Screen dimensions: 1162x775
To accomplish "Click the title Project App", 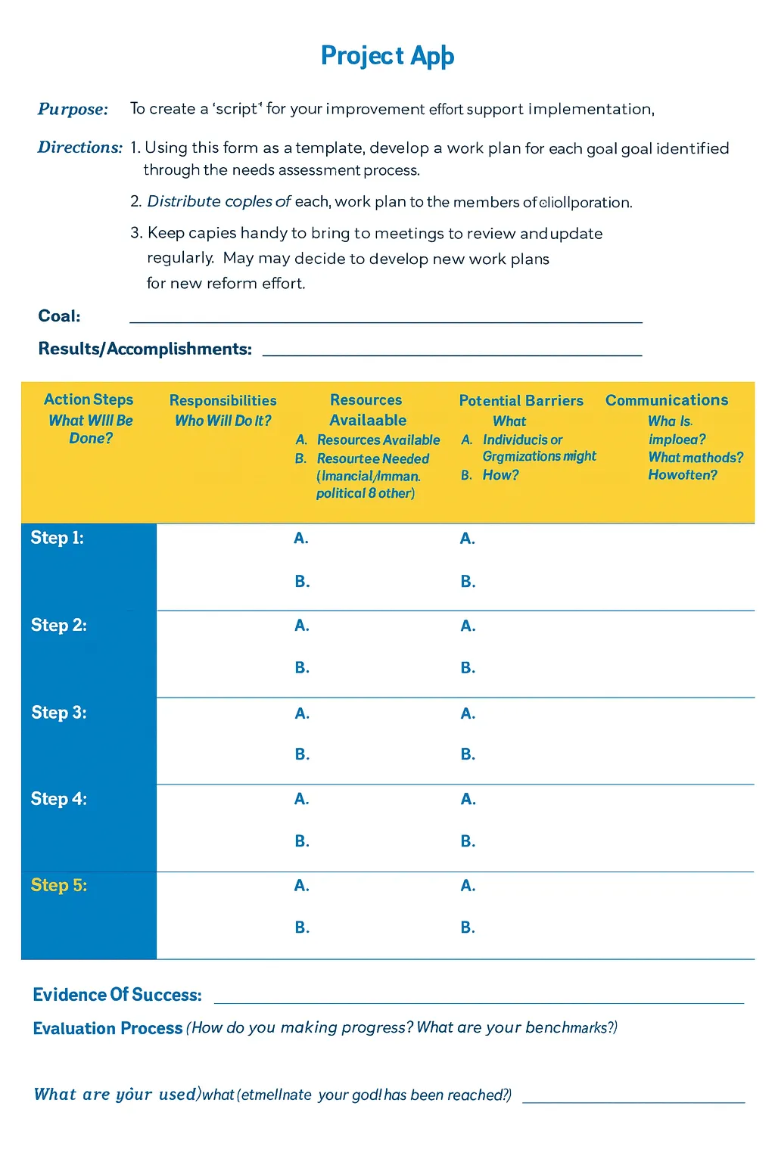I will point(387,56).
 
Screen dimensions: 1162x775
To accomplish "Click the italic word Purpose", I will point(73,109).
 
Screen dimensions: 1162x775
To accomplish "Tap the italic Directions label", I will point(79,148).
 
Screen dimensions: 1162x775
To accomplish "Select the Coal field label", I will point(59,316).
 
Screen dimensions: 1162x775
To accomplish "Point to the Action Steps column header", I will point(89,399).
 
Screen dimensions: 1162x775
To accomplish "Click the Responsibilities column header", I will point(223,400).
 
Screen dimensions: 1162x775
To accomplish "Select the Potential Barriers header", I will point(521,401).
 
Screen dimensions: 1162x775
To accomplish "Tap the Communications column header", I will point(666,400).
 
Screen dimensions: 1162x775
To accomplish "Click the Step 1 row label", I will point(57,538).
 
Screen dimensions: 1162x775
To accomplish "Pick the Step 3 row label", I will point(59,713).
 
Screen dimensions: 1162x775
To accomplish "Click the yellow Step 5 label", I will point(59,885).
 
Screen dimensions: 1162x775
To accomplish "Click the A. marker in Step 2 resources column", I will point(301,626).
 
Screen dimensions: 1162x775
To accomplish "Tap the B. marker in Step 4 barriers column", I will point(468,841).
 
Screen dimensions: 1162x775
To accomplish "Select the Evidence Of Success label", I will point(117,995).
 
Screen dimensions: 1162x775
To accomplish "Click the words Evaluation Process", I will point(107,1028).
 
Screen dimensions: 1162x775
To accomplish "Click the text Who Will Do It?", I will point(223,421).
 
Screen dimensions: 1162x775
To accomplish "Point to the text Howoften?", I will point(682,475).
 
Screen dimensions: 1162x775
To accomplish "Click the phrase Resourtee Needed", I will point(372,458).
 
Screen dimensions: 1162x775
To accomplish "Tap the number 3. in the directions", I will point(136,233).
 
